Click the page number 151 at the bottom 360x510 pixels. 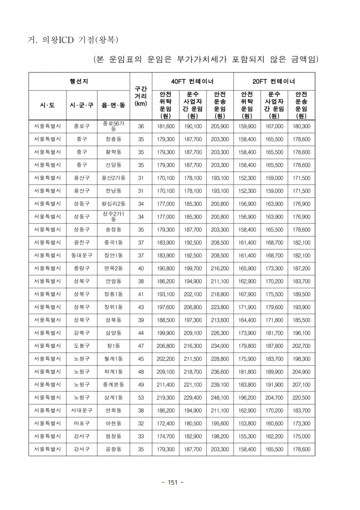point(172,482)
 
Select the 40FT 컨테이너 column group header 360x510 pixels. point(192,81)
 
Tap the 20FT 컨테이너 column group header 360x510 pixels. point(274,81)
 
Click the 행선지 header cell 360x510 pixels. point(79,81)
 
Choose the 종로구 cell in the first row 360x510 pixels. point(81,126)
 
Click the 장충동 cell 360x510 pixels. point(113,139)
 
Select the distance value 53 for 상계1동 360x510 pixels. point(141,397)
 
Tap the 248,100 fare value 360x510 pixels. point(220,397)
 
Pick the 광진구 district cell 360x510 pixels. point(81,243)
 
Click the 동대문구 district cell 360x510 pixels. point(81,256)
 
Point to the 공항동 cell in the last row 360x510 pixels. point(113,449)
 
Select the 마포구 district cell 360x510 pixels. point(81,423)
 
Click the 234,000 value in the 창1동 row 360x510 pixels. point(220,346)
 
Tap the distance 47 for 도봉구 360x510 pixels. point(141,346)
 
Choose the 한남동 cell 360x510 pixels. point(113,191)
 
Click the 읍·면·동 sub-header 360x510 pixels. point(113,105)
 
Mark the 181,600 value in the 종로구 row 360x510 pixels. point(166,126)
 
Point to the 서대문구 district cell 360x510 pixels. point(81,410)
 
